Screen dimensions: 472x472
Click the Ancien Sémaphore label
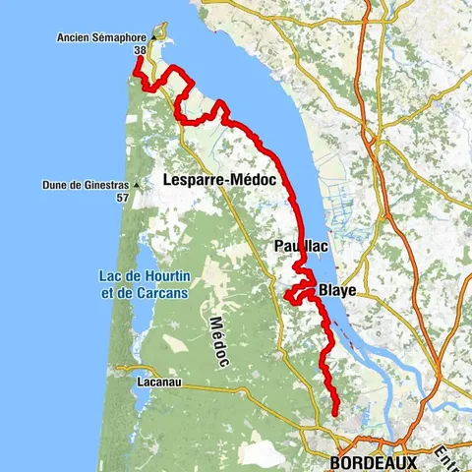pos(101,39)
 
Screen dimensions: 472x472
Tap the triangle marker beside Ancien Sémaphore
pos(154,39)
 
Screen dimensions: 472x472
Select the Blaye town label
pos(336,291)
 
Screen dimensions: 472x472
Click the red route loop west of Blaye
pos(293,294)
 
